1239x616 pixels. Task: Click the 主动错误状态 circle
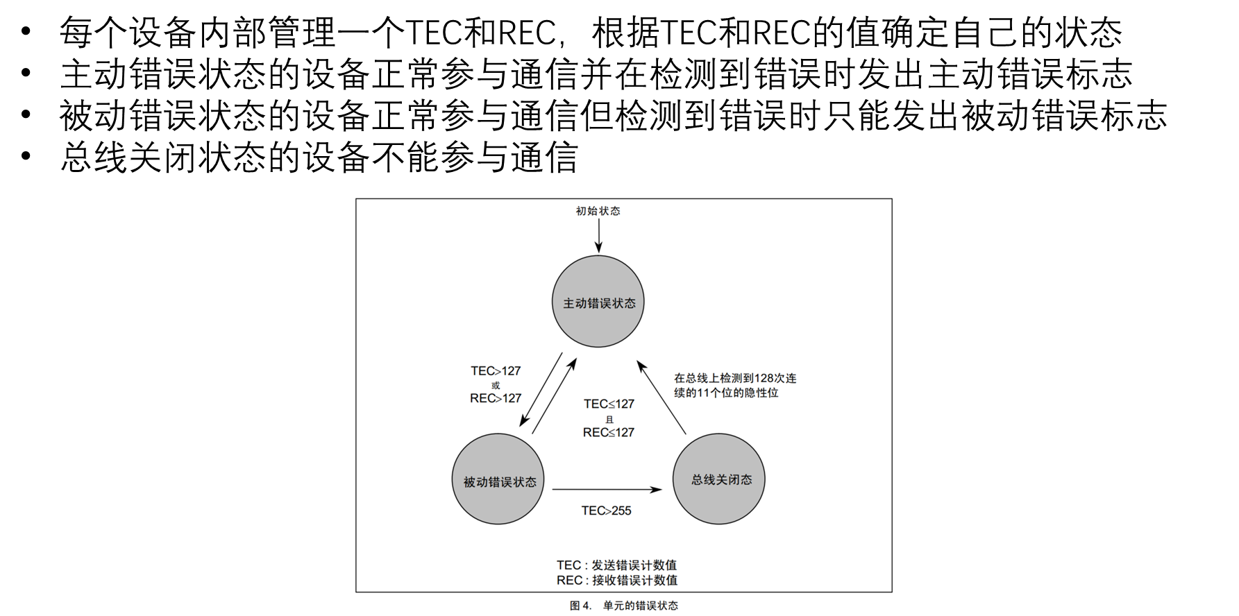point(598,302)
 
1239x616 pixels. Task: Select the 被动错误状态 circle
point(498,479)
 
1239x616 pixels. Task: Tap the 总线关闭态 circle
point(719,479)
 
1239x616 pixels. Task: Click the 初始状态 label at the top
point(598,211)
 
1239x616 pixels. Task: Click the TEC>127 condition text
point(496,371)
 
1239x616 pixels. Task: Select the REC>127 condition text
point(496,398)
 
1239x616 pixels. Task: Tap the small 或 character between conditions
point(496,385)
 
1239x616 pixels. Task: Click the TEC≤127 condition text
point(609,404)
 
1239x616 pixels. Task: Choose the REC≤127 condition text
point(609,432)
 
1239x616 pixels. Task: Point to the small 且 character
point(609,419)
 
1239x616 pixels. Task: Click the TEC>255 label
point(606,511)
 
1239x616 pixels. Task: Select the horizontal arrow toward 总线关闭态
point(607,490)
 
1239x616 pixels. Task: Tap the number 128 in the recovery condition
point(764,378)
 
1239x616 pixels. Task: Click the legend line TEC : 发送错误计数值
point(616,565)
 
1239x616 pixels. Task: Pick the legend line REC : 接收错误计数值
point(616,580)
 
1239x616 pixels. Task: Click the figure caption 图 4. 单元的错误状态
point(623,606)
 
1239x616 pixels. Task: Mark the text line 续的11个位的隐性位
point(726,393)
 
